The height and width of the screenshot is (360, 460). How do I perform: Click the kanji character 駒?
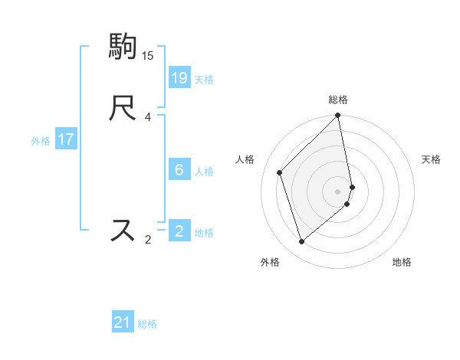point(124,47)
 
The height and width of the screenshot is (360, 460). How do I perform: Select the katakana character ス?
point(124,229)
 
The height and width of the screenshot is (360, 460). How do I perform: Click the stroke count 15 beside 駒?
point(148,56)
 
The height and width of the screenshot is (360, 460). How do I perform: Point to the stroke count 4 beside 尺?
point(148,117)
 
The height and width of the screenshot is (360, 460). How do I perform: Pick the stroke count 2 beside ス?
point(148,240)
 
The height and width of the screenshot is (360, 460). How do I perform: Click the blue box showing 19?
point(179,77)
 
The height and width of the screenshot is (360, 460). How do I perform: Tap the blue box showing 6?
point(179,169)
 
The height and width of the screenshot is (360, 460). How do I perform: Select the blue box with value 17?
point(65,139)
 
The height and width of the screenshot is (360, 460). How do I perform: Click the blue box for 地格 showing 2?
point(179,231)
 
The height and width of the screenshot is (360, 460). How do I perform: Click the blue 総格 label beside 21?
point(147,324)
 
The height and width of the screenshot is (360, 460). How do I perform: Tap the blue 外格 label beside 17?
point(41,141)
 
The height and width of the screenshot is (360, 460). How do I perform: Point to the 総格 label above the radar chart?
point(338,100)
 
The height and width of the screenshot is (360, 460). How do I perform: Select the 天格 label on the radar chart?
point(431,159)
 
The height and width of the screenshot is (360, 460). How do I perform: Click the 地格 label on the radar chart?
point(402,262)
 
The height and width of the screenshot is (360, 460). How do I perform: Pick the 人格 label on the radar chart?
point(245,159)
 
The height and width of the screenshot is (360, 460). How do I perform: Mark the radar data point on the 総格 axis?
point(338,116)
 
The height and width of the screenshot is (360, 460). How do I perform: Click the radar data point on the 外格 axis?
point(301,242)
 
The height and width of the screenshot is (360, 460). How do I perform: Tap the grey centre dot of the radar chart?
point(338,191)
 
